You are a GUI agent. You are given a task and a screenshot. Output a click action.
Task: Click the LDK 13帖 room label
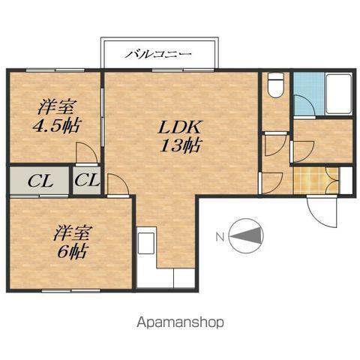pos(180,136)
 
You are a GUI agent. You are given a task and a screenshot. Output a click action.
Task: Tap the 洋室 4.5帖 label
pos(56,115)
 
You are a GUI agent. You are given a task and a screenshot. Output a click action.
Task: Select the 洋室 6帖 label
pos(72,241)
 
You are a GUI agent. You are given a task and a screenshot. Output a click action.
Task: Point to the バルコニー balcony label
pos(158,54)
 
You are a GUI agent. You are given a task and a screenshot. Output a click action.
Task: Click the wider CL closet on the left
pos(39,180)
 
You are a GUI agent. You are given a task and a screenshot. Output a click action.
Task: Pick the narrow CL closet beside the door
pos(87,180)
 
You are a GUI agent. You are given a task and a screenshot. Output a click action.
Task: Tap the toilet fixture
pos(275,85)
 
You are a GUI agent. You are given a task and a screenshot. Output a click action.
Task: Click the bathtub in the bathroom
pos(339,94)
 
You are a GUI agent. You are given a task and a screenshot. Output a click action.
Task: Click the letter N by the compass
pos(220,237)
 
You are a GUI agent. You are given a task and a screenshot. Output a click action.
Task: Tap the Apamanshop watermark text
pos(180,322)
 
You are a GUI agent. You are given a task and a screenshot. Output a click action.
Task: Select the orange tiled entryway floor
pos(316,180)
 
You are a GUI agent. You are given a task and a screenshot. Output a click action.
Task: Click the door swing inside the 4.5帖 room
pos(86,153)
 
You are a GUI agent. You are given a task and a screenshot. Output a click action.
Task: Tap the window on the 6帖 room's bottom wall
pos(71,291)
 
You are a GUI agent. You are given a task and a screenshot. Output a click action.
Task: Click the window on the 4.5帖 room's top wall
pos(55,70)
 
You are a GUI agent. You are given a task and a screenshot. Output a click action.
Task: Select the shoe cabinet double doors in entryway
pos(332,180)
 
